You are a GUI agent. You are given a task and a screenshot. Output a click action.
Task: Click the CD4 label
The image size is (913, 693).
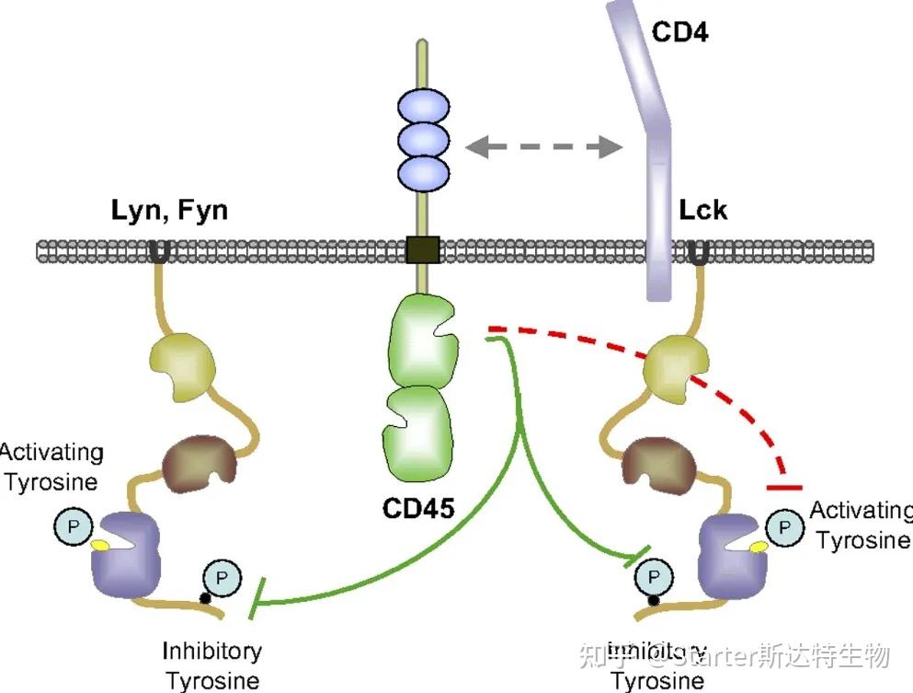[x=681, y=32]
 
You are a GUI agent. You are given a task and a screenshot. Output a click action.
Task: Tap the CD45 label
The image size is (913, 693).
[x=417, y=508]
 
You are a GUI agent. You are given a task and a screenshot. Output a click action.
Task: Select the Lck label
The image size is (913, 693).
[x=702, y=211]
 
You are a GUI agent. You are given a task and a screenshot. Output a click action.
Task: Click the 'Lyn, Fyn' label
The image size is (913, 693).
[x=169, y=211]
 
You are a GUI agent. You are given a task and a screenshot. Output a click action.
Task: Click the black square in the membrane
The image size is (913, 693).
[x=422, y=249]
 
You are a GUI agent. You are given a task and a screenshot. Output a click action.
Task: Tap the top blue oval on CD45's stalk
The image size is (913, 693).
[x=422, y=107]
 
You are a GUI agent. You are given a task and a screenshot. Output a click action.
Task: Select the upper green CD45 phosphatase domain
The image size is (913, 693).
[x=422, y=341]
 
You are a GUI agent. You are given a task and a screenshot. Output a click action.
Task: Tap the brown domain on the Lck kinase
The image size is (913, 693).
[x=656, y=461]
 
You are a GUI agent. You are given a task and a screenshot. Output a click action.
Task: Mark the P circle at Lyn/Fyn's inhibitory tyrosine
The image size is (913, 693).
[x=219, y=578]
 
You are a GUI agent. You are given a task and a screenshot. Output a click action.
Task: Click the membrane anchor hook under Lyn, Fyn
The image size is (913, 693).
[x=159, y=251]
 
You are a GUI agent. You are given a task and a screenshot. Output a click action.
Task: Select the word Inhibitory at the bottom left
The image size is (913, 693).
[x=212, y=652]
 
